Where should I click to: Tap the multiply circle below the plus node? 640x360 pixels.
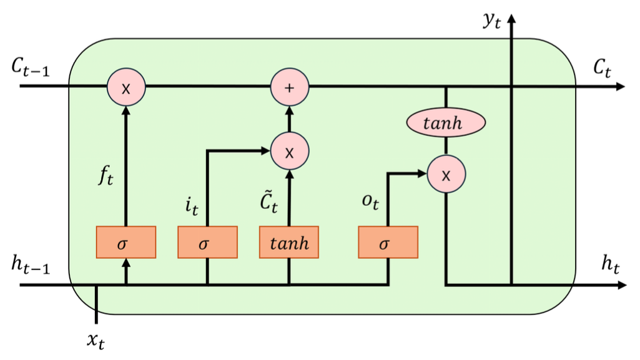289,152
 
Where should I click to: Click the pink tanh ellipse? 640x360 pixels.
446,124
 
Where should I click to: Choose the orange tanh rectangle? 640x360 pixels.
289,243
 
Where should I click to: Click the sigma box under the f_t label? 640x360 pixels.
126,243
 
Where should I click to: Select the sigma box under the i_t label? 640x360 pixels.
207,243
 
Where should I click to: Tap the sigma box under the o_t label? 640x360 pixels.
388,243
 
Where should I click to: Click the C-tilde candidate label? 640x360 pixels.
270,201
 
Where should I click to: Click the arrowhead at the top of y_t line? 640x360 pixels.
512,19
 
